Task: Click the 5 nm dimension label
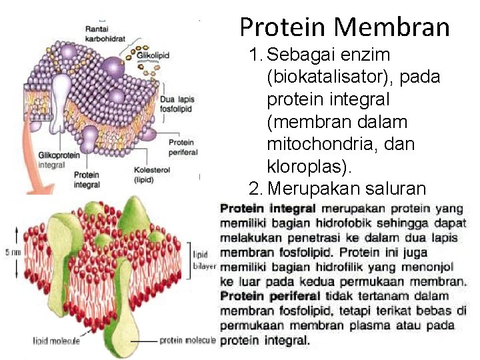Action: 8,253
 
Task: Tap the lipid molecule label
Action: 57,341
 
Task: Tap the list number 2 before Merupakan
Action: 253,188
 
